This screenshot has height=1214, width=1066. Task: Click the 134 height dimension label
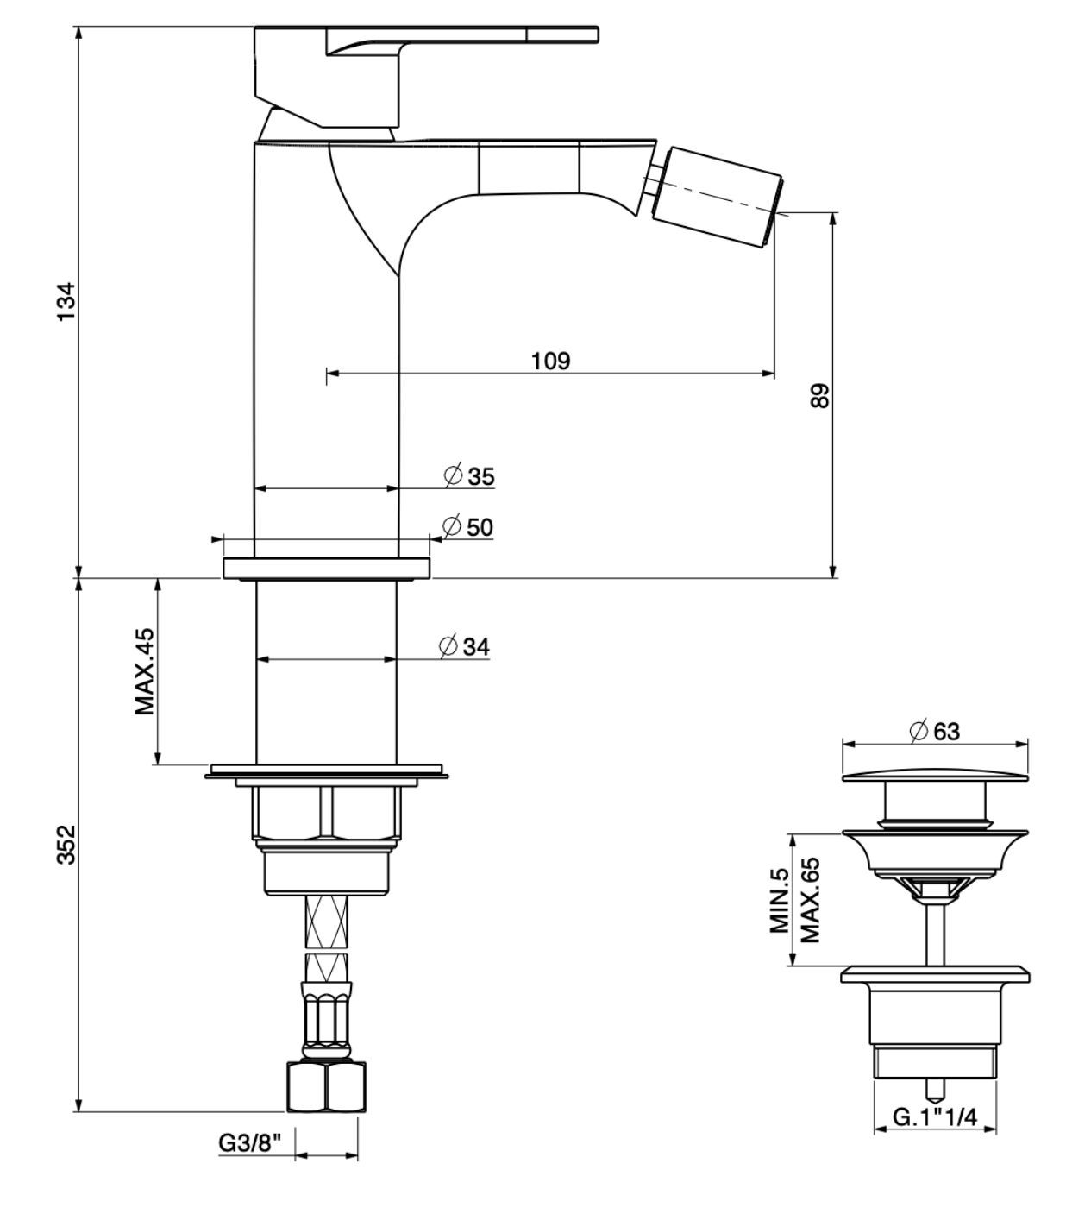67,302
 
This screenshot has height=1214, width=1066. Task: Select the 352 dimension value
67,844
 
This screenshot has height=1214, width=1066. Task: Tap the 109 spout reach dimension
551,360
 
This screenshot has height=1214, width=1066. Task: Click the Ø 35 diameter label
470,475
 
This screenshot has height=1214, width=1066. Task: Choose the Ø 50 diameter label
467,526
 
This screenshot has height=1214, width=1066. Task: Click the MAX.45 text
144,671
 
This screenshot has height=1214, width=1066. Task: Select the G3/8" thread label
250,1143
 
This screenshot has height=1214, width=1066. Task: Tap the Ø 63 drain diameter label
934,731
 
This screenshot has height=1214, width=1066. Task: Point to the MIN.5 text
780,900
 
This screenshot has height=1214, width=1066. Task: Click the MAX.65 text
809,900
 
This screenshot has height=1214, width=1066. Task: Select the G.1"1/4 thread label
934,1117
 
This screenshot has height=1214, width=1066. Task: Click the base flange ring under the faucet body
326,569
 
